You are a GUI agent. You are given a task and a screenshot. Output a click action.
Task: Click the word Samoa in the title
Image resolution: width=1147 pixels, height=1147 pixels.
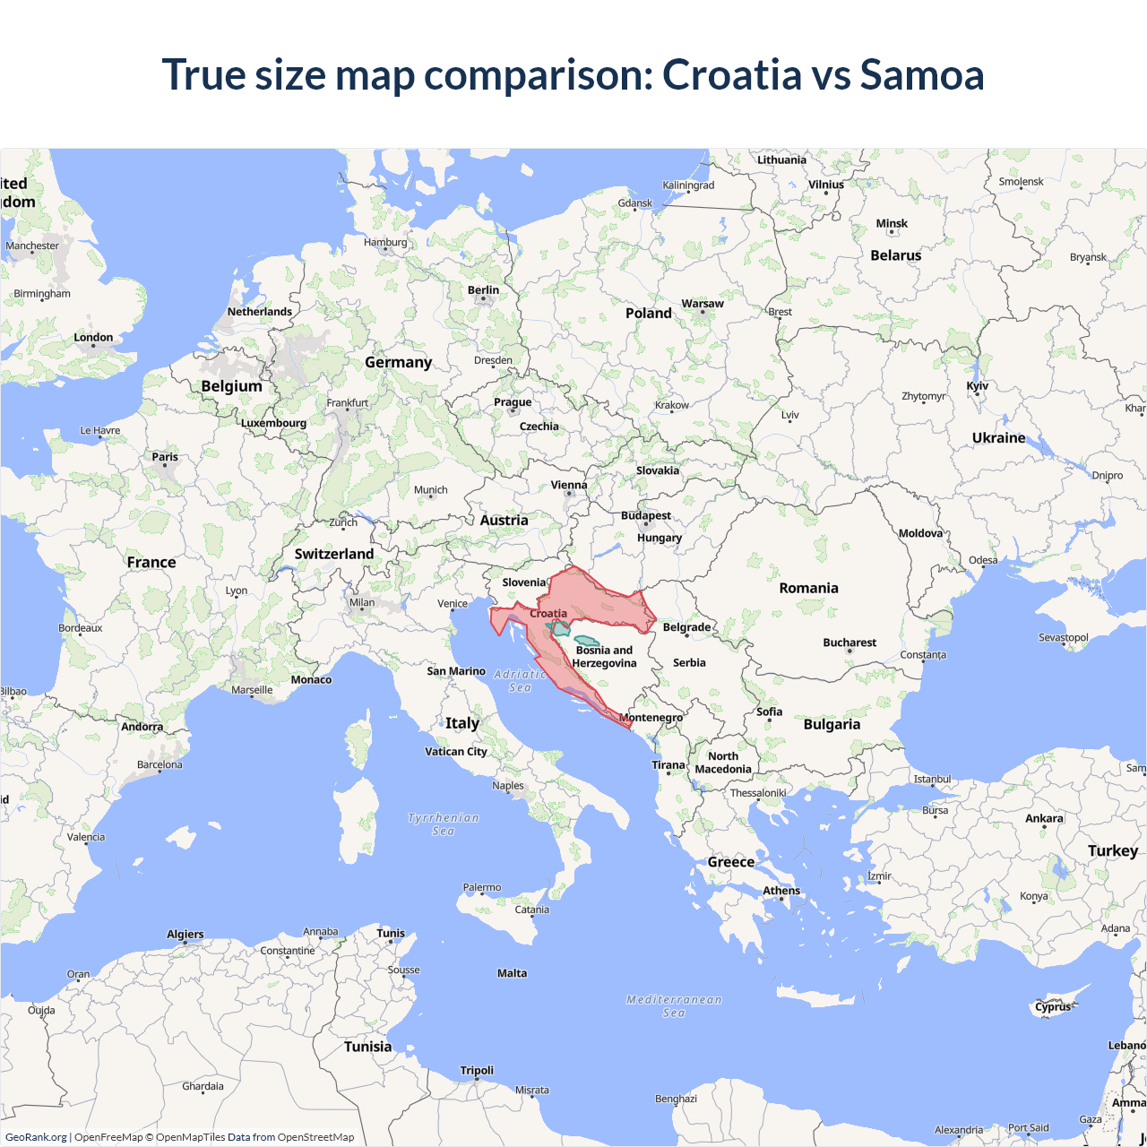click(921, 74)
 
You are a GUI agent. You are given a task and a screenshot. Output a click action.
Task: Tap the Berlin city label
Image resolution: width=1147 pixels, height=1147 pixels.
click(483, 290)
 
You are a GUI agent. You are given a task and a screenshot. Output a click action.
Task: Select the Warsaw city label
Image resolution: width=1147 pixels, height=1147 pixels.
click(703, 304)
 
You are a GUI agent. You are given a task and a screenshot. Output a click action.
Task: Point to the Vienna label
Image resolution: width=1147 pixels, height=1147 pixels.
click(569, 485)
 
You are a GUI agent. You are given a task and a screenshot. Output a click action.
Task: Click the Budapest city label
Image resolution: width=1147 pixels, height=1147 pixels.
click(646, 515)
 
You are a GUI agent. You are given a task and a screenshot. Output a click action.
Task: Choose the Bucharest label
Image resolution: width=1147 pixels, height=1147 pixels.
click(849, 642)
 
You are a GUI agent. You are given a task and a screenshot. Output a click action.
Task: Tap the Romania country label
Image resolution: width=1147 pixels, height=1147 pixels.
click(808, 588)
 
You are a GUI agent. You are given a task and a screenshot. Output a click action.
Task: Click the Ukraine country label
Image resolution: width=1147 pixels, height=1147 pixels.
click(998, 437)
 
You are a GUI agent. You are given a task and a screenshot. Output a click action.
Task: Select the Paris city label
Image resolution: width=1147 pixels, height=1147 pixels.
click(165, 457)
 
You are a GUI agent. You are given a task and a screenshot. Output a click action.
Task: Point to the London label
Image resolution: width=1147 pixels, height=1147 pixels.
click(93, 338)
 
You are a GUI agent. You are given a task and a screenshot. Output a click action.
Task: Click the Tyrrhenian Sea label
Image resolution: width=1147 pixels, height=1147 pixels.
click(444, 824)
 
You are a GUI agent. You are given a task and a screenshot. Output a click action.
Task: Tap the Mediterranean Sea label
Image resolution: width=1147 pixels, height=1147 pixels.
click(674, 1005)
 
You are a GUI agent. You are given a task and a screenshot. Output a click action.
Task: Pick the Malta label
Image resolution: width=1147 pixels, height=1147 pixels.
click(512, 973)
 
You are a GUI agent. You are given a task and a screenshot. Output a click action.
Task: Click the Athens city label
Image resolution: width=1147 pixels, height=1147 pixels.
click(781, 891)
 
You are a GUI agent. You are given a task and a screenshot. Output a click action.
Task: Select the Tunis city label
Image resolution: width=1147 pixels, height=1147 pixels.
click(391, 933)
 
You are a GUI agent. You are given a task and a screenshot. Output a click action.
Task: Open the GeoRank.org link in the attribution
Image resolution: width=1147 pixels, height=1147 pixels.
click(36, 1137)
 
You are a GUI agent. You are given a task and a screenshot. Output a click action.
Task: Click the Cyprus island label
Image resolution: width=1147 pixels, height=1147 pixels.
click(1053, 1006)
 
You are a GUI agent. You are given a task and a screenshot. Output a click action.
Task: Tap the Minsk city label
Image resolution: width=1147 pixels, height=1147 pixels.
click(892, 224)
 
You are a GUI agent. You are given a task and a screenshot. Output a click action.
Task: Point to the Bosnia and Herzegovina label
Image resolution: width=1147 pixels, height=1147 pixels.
click(604, 657)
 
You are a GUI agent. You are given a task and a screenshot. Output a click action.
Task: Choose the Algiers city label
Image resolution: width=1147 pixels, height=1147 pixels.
click(185, 935)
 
